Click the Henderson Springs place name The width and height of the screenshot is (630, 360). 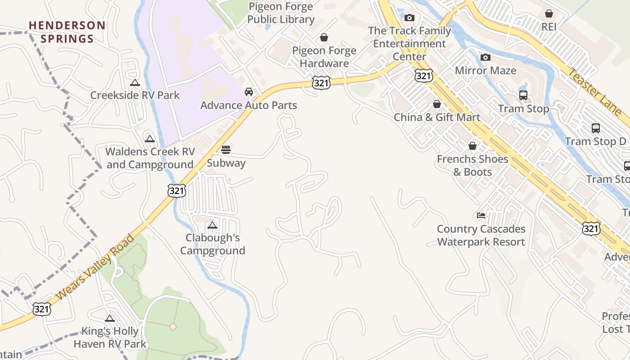(67, 32)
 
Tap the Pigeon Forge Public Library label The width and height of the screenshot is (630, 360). (281, 13)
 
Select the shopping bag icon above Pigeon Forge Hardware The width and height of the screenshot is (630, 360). (324, 37)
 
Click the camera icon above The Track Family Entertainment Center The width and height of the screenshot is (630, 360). (409, 18)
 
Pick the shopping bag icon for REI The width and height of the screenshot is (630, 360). (549, 13)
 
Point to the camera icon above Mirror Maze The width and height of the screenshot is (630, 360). (485, 57)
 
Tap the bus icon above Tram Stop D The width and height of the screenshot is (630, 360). (595, 128)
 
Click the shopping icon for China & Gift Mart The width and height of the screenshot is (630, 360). (436, 104)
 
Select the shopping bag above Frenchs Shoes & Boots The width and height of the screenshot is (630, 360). (472, 146)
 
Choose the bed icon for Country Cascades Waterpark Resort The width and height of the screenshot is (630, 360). (481, 216)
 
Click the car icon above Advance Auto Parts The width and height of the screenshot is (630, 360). (248, 92)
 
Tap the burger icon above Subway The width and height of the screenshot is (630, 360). (226, 150)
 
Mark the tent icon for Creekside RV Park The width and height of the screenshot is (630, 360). (135, 82)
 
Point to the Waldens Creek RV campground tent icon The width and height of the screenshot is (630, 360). (150, 139)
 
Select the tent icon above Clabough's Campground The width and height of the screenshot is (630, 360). (212, 225)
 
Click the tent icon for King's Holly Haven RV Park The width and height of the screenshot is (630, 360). (110, 319)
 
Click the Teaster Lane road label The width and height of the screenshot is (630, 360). (594, 92)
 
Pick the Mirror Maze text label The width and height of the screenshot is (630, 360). (486, 71)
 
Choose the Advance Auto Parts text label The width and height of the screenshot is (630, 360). (248, 105)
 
